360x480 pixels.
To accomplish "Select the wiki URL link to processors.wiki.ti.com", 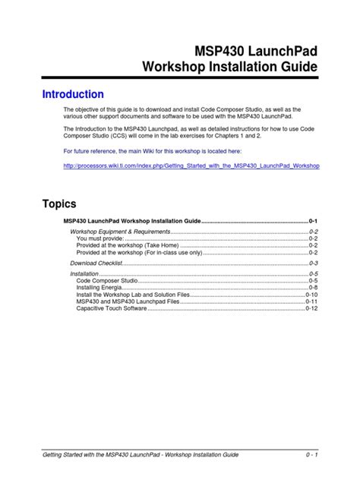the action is click(191, 165).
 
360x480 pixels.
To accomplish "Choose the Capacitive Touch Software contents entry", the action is click(112, 309).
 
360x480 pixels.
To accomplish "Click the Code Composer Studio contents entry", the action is click(107, 280).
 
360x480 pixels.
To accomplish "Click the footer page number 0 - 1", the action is click(310, 454).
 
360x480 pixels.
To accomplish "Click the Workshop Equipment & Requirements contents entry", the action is click(120, 230).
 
